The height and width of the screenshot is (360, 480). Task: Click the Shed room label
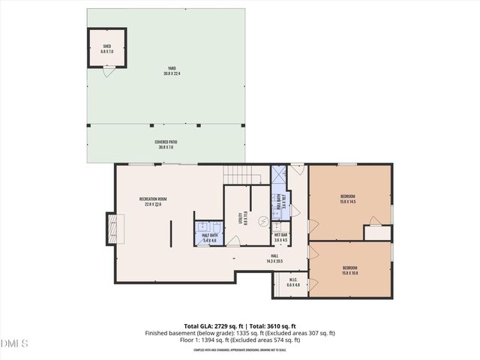106,49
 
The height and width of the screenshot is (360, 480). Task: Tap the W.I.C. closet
293,283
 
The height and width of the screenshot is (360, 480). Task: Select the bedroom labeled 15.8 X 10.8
350,270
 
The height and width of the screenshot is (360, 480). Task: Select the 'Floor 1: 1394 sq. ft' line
239,340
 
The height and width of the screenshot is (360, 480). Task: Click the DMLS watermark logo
14,343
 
